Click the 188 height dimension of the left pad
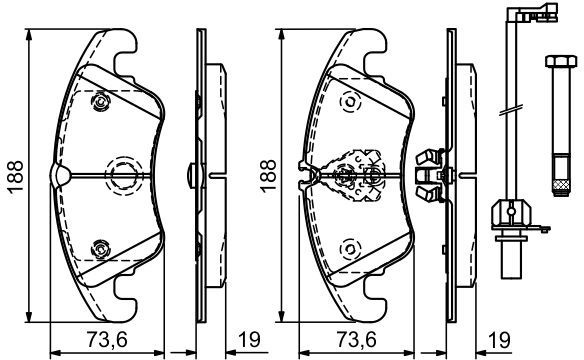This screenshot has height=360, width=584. tap(16, 177)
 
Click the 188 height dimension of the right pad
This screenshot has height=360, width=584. tap(268, 176)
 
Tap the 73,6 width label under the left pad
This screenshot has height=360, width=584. tap(107, 340)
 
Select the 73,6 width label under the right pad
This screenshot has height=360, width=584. tap(356, 340)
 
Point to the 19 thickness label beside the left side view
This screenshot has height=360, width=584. tap(249, 340)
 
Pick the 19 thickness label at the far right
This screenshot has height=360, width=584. tap(499, 340)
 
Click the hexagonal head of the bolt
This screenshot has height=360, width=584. tap(561, 61)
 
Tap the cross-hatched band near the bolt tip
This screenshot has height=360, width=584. tap(561, 184)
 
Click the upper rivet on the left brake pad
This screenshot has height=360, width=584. tap(100, 101)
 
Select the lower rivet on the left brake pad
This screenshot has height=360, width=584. tap(100, 249)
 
